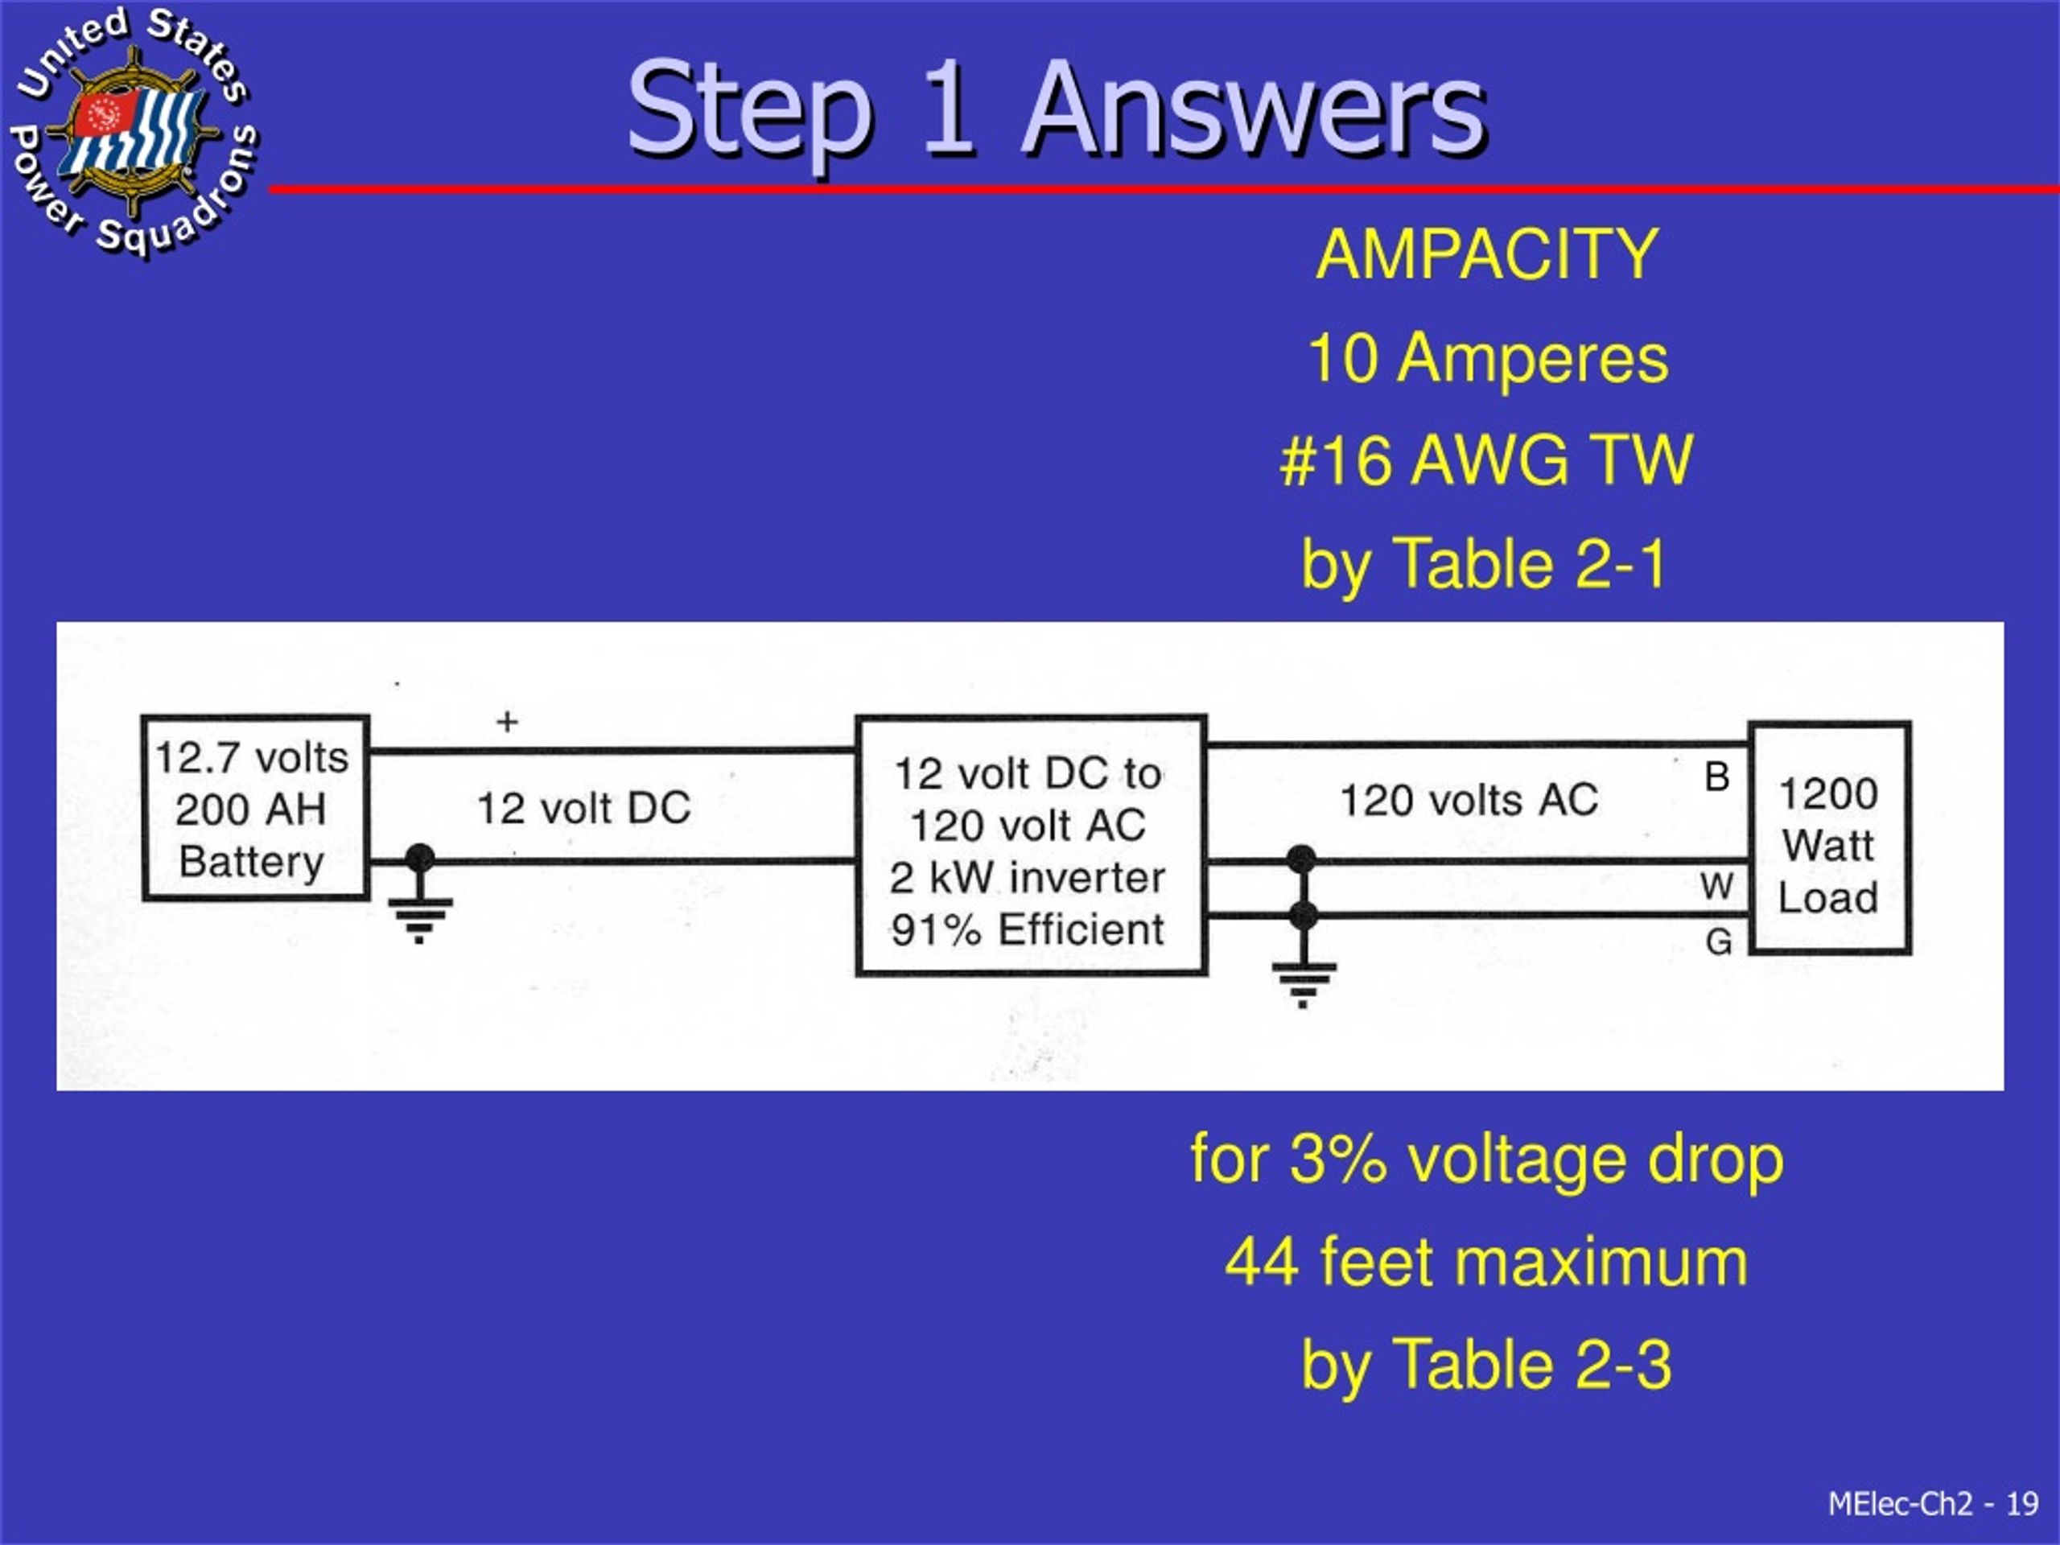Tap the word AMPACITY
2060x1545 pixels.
point(1486,254)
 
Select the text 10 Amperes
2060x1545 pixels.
point(1487,359)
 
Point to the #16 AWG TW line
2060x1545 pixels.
point(1486,460)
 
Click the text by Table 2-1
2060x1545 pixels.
point(1485,563)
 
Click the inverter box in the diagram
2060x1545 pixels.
point(1031,846)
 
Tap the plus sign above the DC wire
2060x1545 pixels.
point(507,721)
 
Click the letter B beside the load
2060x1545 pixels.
point(1716,777)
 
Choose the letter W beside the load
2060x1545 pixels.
point(1716,886)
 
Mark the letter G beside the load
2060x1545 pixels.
point(1718,941)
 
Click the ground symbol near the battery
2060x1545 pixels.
point(419,908)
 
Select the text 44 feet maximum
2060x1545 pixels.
point(1486,1263)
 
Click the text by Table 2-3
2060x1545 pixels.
point(1486,1366)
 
